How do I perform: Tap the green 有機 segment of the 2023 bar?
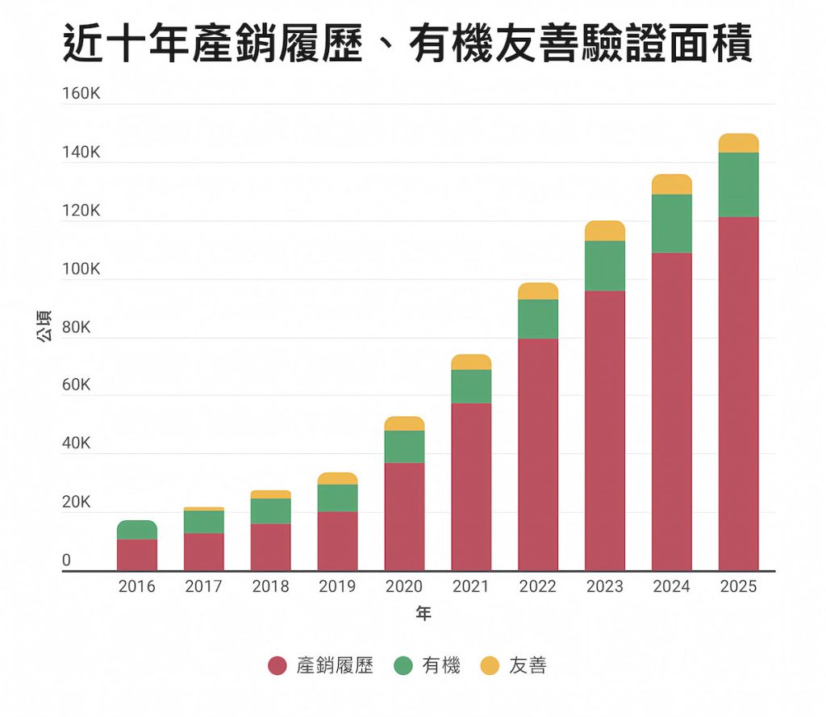[605, 265]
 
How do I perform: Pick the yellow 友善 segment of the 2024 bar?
[672, 184]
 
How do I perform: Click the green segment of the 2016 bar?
[137, 530]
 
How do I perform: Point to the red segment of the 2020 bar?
[404, 516]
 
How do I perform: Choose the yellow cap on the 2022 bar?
[538, 291]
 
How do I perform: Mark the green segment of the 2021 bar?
[471, 386]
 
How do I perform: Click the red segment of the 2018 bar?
[270, 547]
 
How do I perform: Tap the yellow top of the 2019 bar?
[337, 478]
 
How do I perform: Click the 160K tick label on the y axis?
[81, 94]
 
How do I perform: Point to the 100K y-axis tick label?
[81, 269]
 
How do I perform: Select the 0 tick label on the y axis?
[67, 560]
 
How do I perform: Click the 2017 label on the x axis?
[203, 586]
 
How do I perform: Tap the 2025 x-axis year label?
[738, 586]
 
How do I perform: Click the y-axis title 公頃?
[44, 326]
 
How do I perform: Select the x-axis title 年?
[423, 615]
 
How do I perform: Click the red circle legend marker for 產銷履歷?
[277, 666]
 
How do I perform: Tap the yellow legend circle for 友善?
[490, 666]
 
